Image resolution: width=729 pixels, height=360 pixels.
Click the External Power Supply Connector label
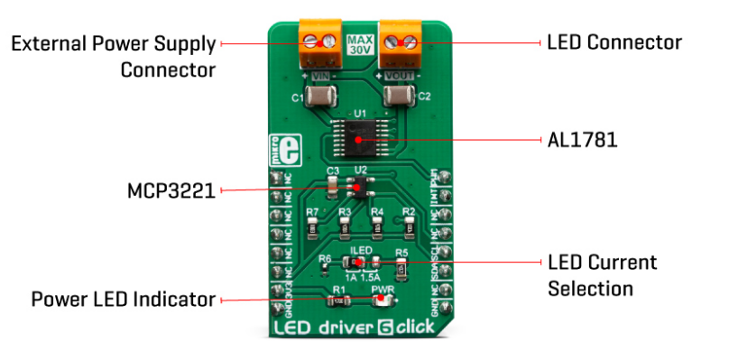tap(113, 55)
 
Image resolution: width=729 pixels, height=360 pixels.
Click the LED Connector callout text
tap(614, 42)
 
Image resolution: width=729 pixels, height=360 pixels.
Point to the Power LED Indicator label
tap(124, 299)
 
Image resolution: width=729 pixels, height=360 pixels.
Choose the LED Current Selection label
tap(603, 275)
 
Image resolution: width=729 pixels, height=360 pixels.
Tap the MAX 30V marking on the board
tap(360, 45)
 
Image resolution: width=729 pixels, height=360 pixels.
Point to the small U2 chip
tap(361, 188)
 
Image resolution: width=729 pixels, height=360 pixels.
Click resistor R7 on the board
tap(312, 226)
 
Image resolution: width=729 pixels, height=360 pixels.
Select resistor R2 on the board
tap(410, 226)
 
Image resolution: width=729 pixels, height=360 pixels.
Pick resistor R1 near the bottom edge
tap(340, 301)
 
